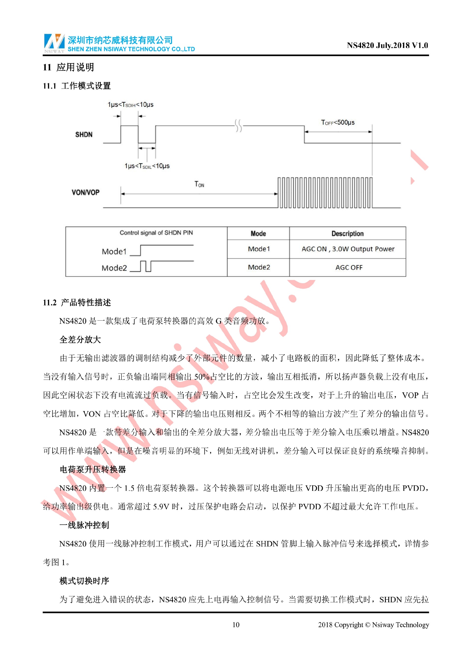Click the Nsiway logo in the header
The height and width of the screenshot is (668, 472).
54,43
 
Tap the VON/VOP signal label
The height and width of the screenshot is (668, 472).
86,192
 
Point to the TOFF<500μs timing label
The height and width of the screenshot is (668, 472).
338,123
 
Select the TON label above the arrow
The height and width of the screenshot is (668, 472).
199,184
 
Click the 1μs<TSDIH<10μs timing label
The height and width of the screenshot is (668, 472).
131,105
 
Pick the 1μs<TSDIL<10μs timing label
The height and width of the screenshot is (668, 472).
147,166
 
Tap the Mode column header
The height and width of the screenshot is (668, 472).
258,234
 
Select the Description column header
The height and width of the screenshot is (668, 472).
347,234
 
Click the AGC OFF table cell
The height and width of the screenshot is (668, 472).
349,267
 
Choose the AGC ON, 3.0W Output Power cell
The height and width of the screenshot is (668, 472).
348,249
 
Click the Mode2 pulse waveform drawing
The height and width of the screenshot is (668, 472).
162,266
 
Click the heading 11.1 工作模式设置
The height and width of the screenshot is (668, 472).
77,86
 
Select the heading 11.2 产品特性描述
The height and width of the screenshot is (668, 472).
77,303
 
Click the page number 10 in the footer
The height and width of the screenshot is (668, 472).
236,625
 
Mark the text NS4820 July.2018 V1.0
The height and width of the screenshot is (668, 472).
387,45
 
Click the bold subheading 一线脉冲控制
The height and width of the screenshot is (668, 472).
84,525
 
